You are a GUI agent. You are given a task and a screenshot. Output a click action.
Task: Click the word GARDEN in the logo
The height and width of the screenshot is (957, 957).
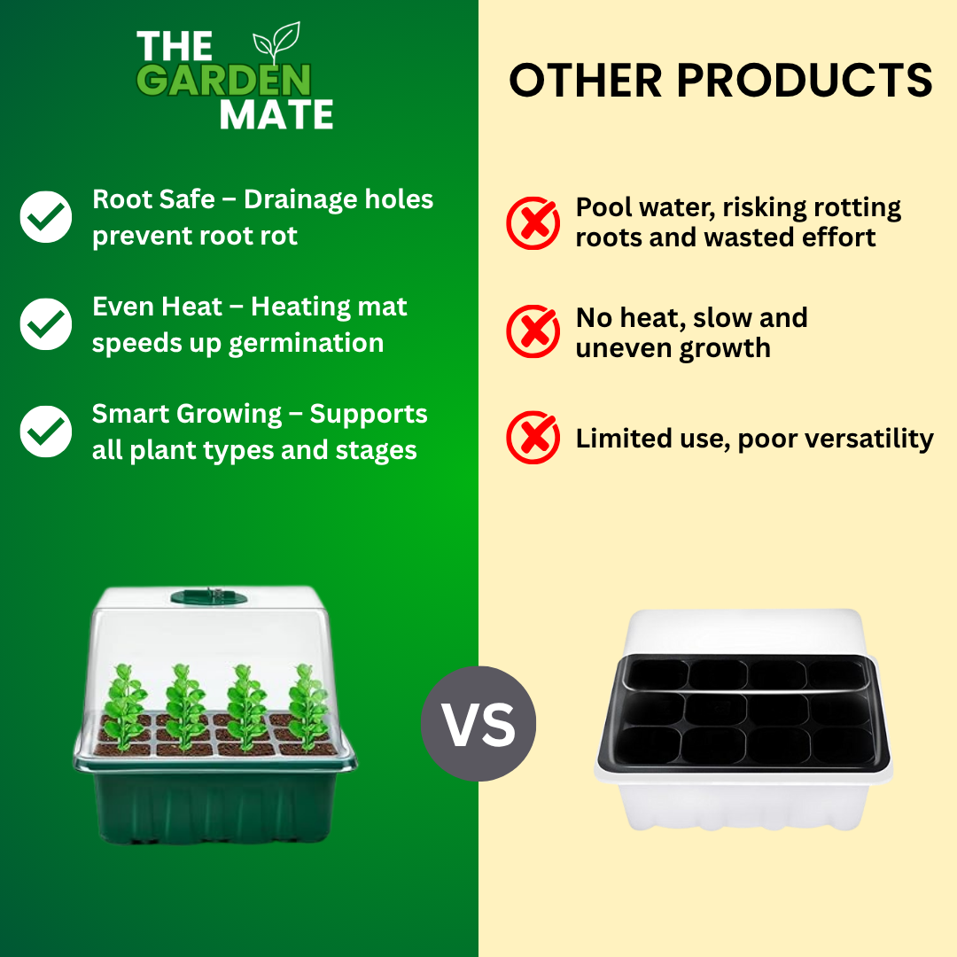click(x=223, y=80)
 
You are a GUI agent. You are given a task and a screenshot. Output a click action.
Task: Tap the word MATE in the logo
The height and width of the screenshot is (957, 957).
click(x=276, y=114)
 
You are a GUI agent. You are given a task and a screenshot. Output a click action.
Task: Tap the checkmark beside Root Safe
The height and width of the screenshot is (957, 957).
click(x=46, y=217)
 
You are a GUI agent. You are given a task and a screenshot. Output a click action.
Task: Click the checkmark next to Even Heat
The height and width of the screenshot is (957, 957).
click(x=46, y=324)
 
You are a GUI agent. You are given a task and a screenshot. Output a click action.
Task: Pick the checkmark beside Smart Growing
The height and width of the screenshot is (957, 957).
click(x=46, y=432)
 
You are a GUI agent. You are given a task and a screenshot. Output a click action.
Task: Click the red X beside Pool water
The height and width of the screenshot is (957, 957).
click(x=533, y=222)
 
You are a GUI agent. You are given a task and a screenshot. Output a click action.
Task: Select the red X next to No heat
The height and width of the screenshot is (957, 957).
click(x=533, y=331)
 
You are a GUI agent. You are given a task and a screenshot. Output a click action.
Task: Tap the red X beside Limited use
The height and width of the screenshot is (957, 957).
click(x=533, y=437)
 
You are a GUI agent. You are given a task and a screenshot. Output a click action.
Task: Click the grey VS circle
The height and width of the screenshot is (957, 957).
click(x=478, y=724)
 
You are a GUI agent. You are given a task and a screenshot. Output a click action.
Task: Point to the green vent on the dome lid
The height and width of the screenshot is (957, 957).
click(x=209, y=596)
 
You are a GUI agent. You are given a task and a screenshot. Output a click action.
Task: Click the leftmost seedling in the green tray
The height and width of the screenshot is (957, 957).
click(x=125, y=707)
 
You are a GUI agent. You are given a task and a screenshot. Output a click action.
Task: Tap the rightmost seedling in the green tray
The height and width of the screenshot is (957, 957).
click(x=309, y=707)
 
